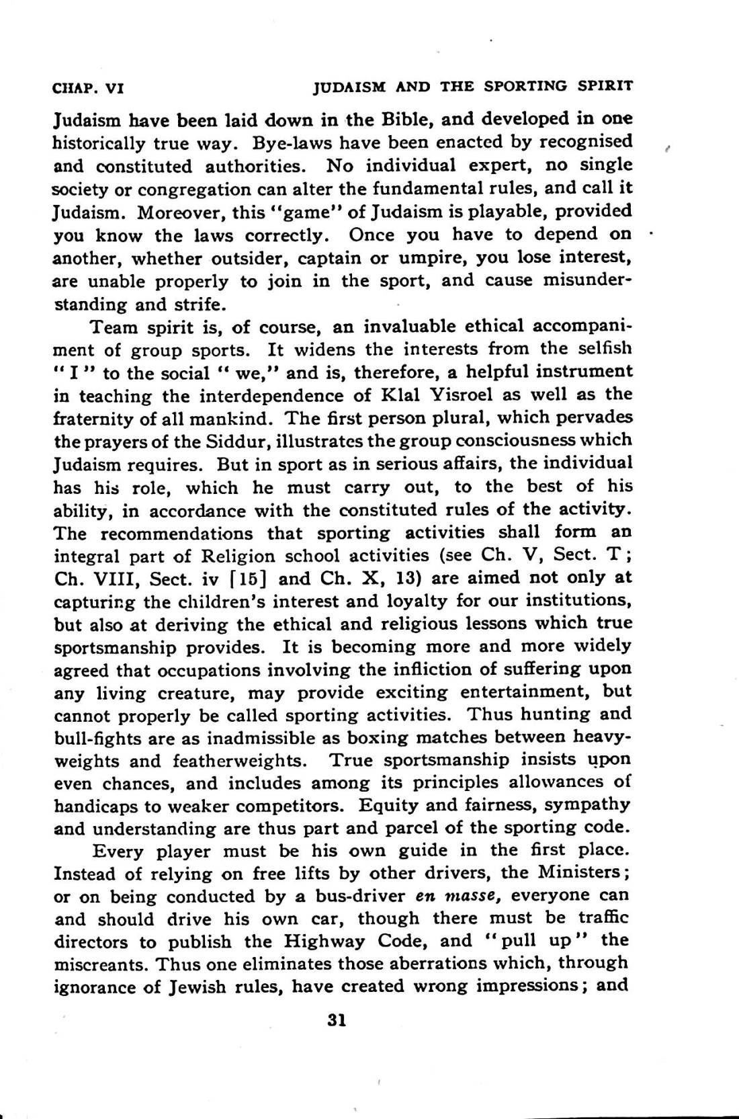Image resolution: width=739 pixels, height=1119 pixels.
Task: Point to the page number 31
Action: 336,1020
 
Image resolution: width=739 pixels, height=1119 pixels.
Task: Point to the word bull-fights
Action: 95,739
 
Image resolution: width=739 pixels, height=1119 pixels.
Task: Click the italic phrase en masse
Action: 453,897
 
